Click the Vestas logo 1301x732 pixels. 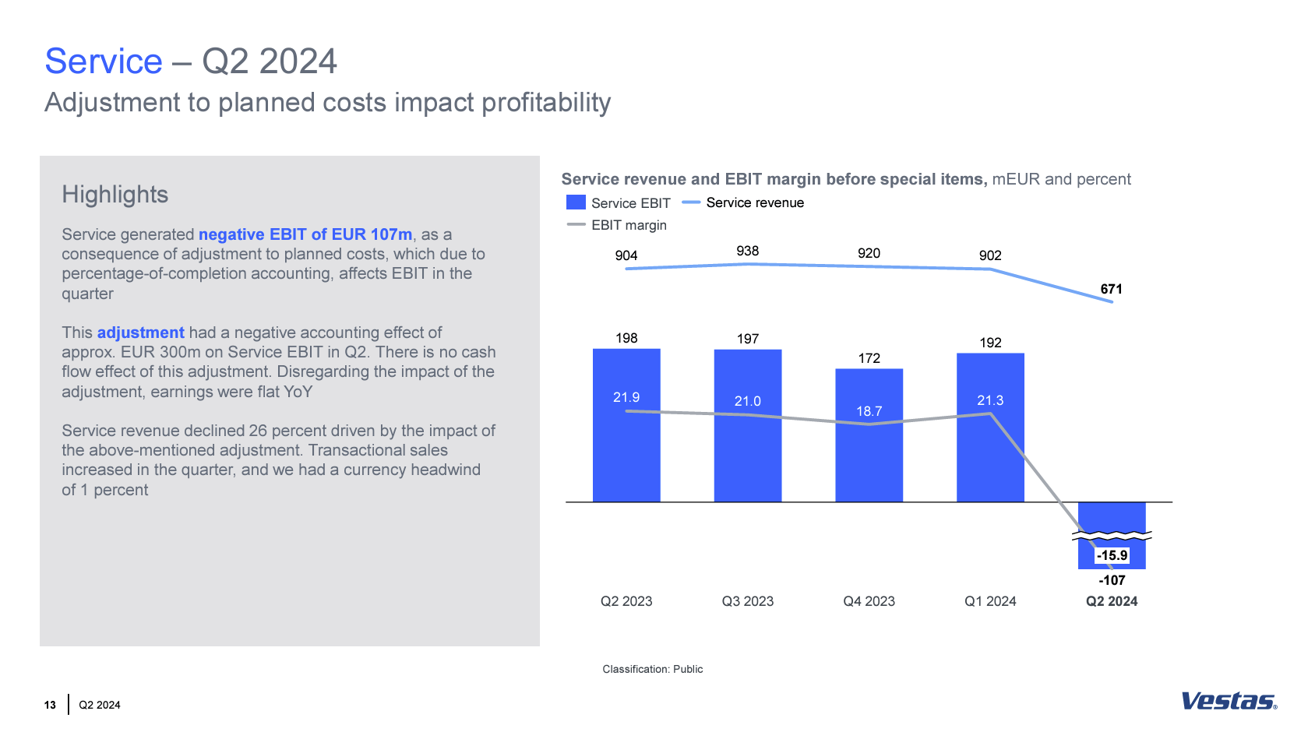click(x=1229, y=701)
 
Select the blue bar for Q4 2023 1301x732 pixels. click(x=869, y=459)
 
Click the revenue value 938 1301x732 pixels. click(x=747, y=251)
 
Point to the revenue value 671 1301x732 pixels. click(x=1111, y=289)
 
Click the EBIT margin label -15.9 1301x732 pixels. click(x=1112, y=555)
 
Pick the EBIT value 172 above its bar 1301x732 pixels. click(x=869, y=358)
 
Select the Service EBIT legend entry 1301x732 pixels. click(x=619, y=203)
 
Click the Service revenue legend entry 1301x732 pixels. click(x=743, y=202)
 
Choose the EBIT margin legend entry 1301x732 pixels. click(x=617, y=225)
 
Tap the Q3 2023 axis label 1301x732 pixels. click(x=747, y=601)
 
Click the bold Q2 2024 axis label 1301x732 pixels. click(x=1111, y=601)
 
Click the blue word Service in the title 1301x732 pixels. click(x=104, y=62)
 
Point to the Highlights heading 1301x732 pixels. click(x=115, y=195)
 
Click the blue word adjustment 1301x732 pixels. click(x=140, y=333)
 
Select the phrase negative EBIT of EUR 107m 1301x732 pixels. click(x=305, y=234)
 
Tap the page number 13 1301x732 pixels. click(x=50, y=705)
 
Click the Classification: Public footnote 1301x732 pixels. click(x=652, y=669)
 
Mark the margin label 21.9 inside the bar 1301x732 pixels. click(x=626, y=397)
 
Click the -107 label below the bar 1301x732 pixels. click(x=1112, y=580)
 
